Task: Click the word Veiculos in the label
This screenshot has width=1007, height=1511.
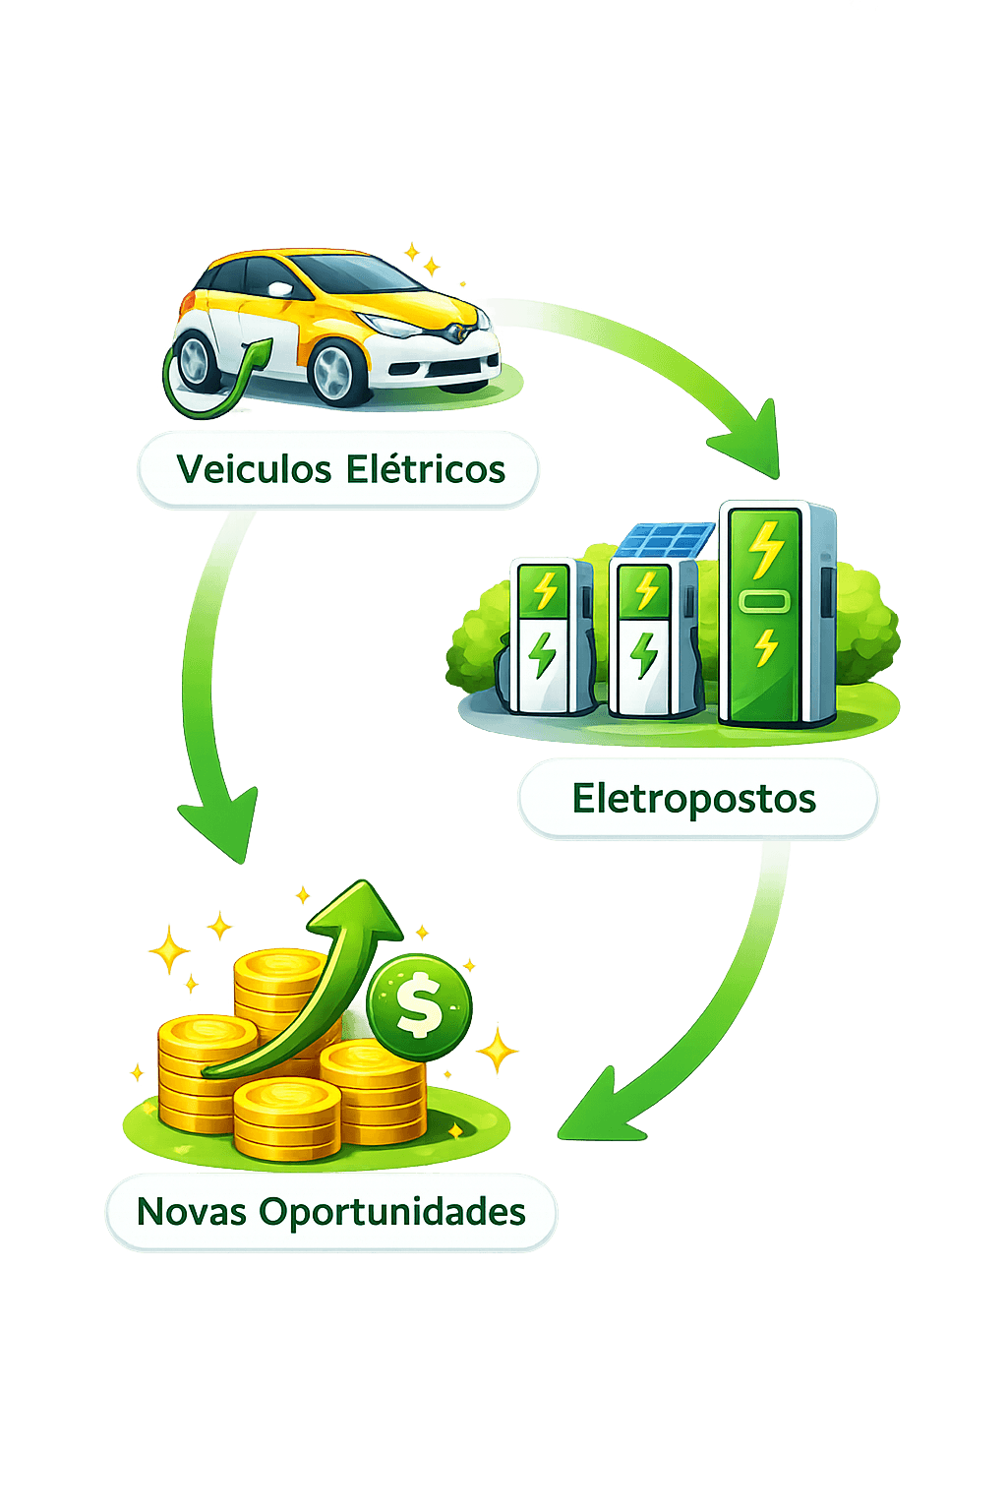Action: tap(254, 469)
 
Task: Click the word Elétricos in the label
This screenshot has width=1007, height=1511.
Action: tap(426, 469)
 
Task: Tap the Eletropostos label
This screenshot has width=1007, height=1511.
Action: tap(696, 798)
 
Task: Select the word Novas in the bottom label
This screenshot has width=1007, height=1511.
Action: tap(191, 1212)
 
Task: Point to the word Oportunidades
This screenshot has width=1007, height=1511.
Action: tap(392, 1212)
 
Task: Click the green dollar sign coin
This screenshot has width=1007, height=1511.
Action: tap(420, 1006)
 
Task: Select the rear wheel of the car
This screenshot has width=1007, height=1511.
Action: tap(199, 359)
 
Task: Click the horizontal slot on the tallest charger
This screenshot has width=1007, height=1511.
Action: tap(764, 600)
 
